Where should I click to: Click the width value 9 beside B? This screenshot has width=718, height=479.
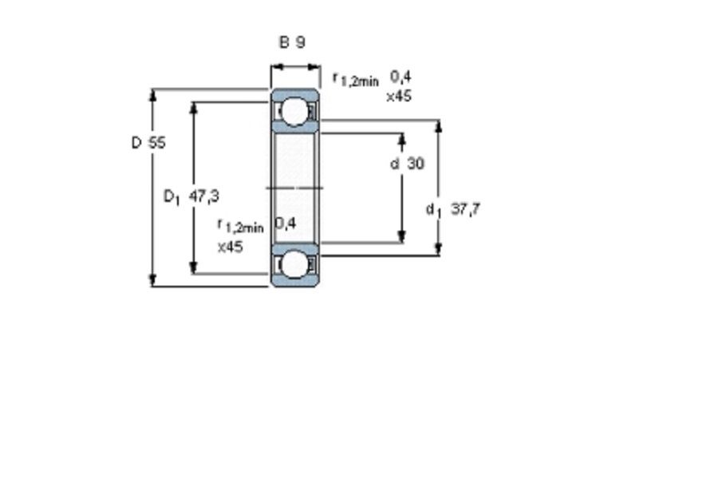click(x=300, y=42)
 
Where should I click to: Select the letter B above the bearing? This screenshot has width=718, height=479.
click(x=284, y=42)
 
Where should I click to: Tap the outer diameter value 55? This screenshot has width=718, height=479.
click(x=156, y=143)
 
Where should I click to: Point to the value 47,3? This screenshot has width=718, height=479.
click(x=204, y=196)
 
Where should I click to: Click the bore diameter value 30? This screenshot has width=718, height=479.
click(x=416, y=163)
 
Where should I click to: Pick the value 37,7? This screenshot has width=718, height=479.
click(x=466, y=209)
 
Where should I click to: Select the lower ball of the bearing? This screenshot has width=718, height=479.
click(x=294, y=265)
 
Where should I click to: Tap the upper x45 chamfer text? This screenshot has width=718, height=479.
click(x=399, y=97)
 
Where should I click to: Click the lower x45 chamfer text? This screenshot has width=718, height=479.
click(x=230, y=247)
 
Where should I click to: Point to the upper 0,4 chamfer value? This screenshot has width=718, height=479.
click(x=400, y=77)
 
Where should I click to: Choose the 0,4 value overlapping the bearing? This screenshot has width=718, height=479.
click(x=286, y=224)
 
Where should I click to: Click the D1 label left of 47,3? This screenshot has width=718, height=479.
click(x=172, y=197)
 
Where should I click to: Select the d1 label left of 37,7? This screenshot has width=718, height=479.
click(x=433, y=210)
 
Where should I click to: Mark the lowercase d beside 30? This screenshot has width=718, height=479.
click(x=395, y=163)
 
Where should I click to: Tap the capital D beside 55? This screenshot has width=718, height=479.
click(x=136, y=143)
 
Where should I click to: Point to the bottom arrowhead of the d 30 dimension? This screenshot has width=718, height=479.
click(x=402, y=236)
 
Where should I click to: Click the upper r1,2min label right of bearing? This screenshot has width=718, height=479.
click(x=357, y=79)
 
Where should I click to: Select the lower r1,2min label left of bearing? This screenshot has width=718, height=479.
click(x=240, y=225)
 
